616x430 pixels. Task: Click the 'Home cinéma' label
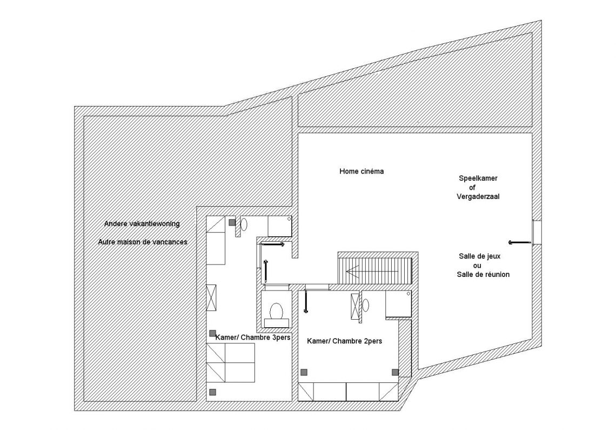(x=361, y=171)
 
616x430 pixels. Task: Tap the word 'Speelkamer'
(x=478, y=178)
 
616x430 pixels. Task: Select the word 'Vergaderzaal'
(x=478, y=196)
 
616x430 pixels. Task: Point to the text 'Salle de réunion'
(x=483, y=274)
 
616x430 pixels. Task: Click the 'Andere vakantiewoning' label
(x=142, y=223)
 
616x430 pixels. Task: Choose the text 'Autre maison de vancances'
(x=143, y=242)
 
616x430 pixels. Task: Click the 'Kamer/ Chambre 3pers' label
(x=253, y=337)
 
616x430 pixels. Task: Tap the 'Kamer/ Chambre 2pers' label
(x=345, y=341)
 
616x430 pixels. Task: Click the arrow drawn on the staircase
(x=359, y=270)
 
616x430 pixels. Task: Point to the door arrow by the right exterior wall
(x=519, y=242)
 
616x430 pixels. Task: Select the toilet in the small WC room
(x=277, y=312)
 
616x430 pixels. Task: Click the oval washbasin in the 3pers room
(x=244, y=224)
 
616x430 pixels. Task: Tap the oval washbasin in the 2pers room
(x=366, y=305)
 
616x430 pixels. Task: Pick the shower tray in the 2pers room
(x=398, y=304)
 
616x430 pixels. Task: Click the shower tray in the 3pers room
(x=280, y=226)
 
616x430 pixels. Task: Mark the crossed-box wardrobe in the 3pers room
(x=211, y=298)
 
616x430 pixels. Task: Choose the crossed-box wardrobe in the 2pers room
(x=355, y=307)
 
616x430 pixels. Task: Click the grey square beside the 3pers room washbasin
(x=232, y=222)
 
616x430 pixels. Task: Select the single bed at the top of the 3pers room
(x=216, y=240)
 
